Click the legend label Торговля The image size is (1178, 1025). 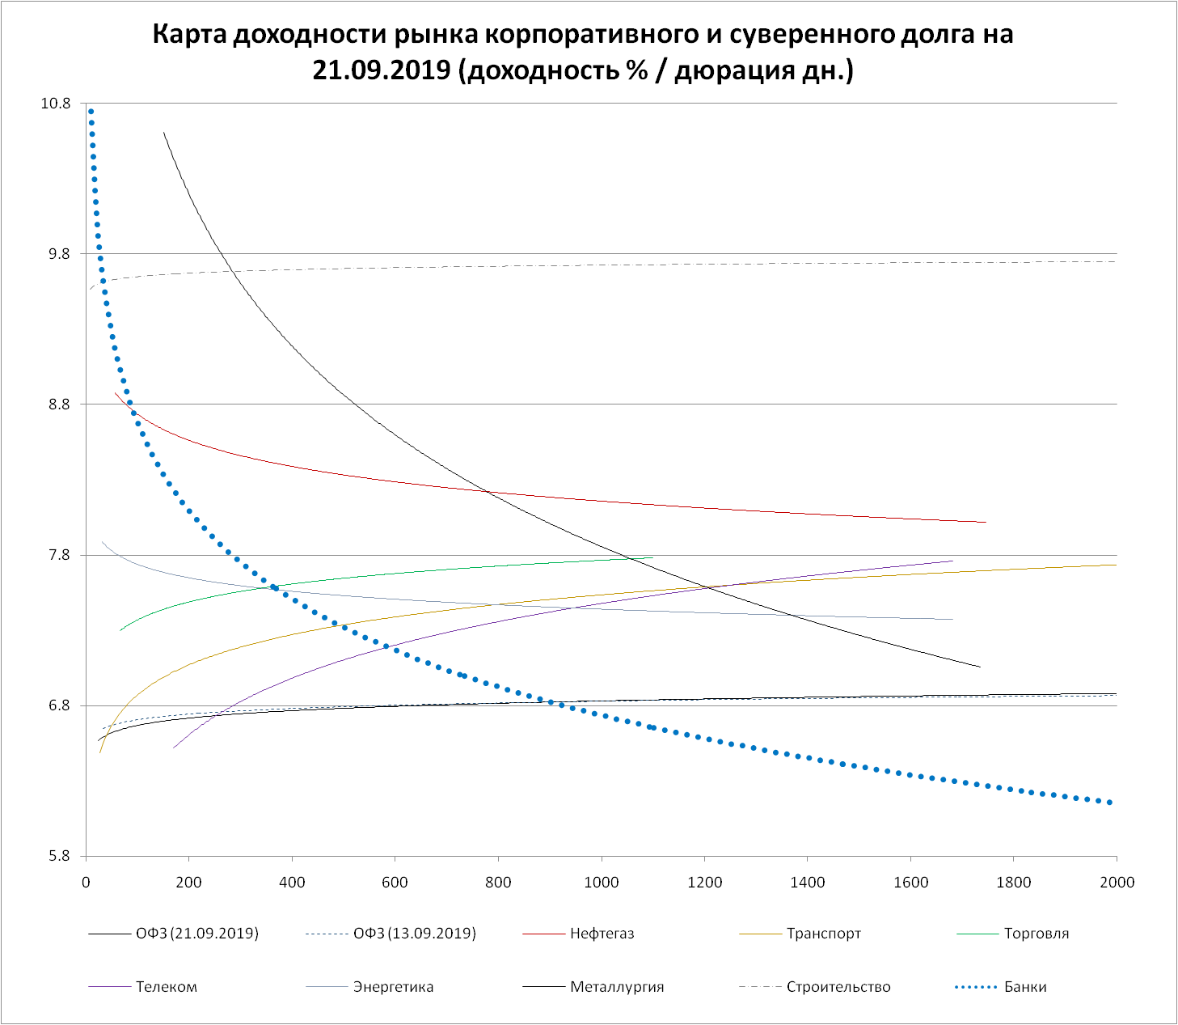point(1036,934)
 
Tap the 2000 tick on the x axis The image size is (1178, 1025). point(1117,882)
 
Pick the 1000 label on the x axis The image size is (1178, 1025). point(602,882)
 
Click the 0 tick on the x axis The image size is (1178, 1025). point(86,882)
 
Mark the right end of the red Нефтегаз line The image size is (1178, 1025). point(986,522)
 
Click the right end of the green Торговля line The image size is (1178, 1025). point(652,557)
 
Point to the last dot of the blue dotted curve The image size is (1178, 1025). point(1110,803)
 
